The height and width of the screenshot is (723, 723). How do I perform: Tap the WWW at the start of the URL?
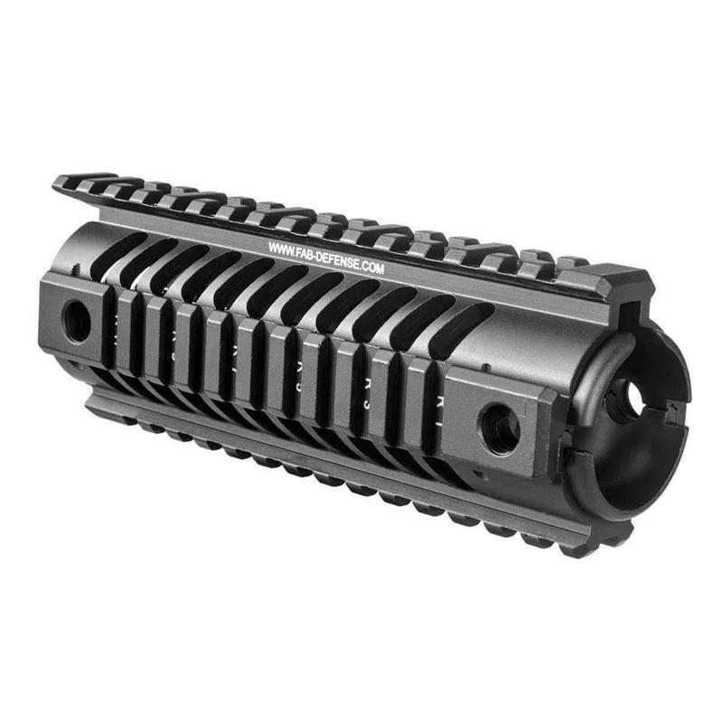click(x=279, y=246)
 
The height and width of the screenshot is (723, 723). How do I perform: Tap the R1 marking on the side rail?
click(x=440, y=399)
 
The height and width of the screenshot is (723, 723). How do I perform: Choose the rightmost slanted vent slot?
click(x=460, y=331)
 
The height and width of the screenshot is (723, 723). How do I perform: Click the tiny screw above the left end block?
click(x=76, y=268)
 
